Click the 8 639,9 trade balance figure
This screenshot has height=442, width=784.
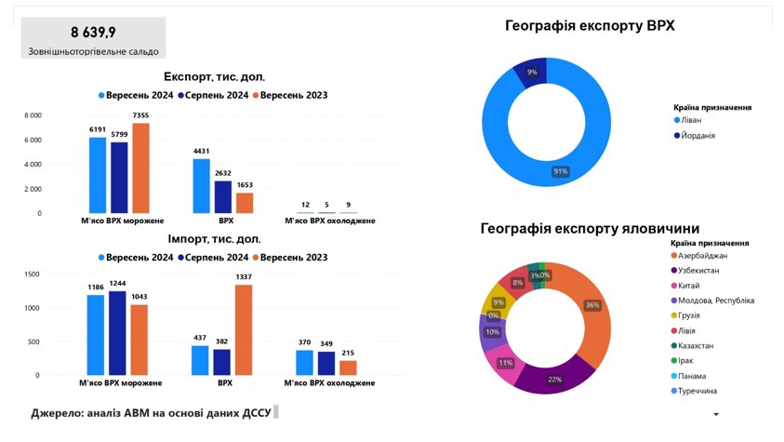(x=93, y=32)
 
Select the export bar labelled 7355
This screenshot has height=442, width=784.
(x=140, y=168)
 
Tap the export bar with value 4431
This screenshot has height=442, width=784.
(x=201, y=186)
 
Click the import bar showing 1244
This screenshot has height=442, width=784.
(x=116, y=333)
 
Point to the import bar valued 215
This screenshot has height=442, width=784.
(x=348, y=368)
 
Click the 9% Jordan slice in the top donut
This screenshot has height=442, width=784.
(x=533, y=74)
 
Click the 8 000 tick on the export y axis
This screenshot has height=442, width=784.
(x=33, y=115)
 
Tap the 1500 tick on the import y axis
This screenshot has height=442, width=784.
(x=32, y=275)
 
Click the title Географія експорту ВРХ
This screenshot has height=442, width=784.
(x=590, y=26)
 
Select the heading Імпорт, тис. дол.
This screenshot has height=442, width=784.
(x=213, y=238)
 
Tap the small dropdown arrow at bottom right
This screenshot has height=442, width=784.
(x=714, y=414)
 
